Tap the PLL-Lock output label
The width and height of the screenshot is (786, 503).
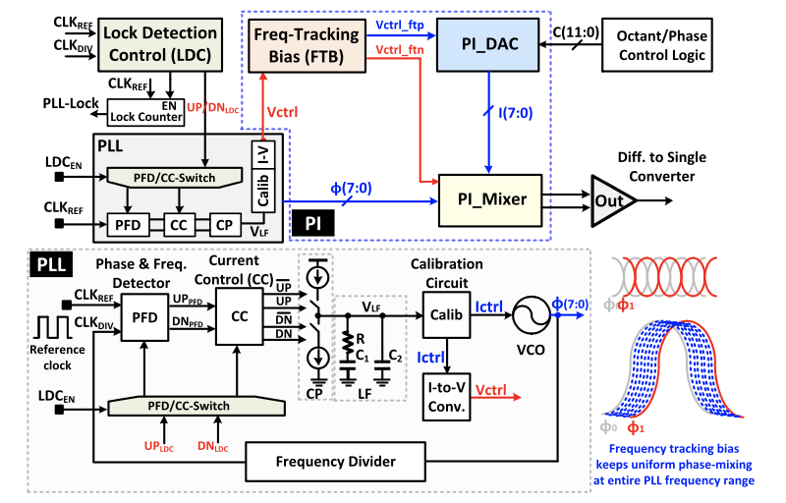click(x=72, y=103)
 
